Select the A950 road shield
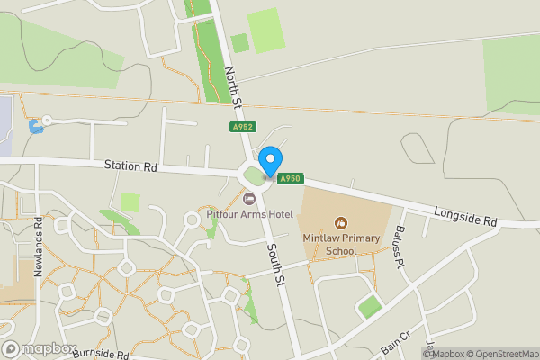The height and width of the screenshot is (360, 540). tap(289, 179)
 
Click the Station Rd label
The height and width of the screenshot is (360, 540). tap(130, 166)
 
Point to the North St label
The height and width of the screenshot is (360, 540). tap(234, 86)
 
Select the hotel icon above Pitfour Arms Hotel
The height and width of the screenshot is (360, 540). tap(249, 198)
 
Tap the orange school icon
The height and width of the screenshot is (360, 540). tap(341, 222)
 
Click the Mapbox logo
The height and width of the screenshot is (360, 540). tap(38, 348)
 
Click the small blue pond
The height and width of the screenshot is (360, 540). tap(36, 125)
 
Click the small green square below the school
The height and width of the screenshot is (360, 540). tap(370, 307)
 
